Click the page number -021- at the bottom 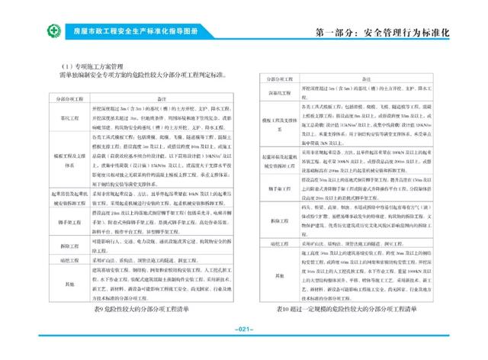point(244,329)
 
